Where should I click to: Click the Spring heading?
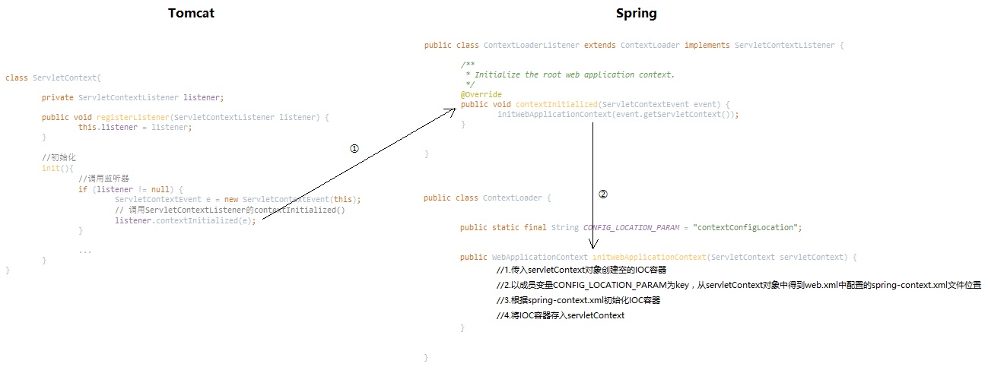[x=636, y=13]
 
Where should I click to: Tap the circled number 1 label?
[x=354, y=149]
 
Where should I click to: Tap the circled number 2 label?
[x=603, y=194]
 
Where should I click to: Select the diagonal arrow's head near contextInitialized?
[x=453, y=109]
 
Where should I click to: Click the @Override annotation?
[x=481, y=95]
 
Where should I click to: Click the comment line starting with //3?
[x=578, y=300]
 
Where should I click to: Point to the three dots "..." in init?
[x=84, y=251]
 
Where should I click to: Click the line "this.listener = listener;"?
[x=135, y=127]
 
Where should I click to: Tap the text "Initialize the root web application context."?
[x=574, y=74]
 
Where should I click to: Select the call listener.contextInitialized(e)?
[x=186, y=220]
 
